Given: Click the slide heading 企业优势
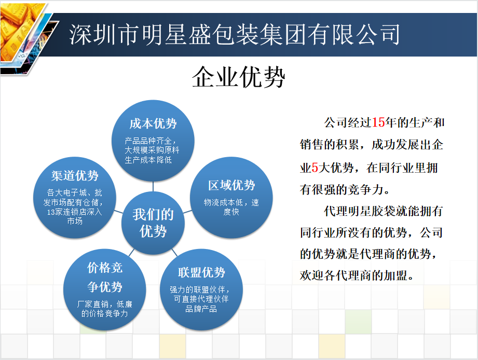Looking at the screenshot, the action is [x=238, y=77].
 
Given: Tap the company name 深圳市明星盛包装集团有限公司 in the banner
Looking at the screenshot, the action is [x=235, y=34].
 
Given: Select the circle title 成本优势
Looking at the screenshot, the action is [x=153, y=123].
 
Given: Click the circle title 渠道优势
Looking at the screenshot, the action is [x=75, y=175].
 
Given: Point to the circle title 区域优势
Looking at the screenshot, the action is [x=231, y=185].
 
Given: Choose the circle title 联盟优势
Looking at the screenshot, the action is [x=201, y=272].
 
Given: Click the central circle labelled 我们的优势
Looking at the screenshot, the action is [x=153, y=223].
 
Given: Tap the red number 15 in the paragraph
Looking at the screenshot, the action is [x=378, y=122].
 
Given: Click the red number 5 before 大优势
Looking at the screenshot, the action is [x=315, y=168].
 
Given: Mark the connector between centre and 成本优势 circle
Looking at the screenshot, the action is [x=153, y=187].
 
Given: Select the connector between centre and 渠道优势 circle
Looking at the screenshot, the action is [x=118, y=211].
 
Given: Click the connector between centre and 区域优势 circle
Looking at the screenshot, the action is [x=187, y=211].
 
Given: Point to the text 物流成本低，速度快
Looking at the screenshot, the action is [x=231, y=207].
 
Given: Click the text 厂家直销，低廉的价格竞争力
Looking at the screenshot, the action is [x=104, y=309].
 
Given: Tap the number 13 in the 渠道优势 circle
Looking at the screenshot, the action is [x=50, y=212].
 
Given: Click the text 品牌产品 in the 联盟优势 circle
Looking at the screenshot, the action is [x=201, y=309].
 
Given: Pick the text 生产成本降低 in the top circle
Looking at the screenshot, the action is [x=148, y=160].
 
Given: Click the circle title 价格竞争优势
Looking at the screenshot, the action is [x=104, y=277].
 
